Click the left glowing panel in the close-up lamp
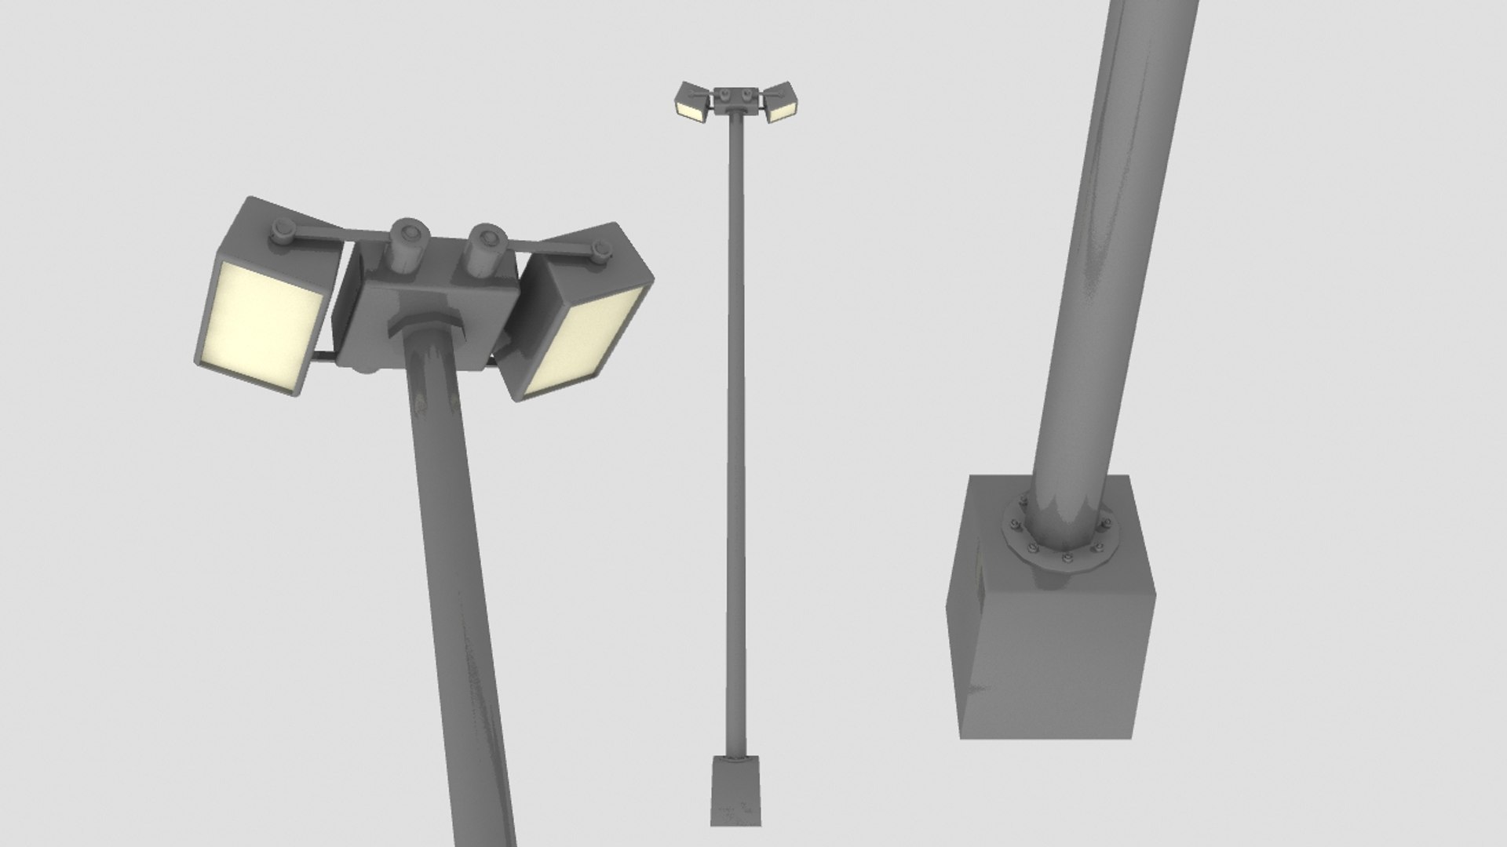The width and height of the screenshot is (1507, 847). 259,325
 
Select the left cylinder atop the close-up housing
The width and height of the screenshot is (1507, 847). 410,246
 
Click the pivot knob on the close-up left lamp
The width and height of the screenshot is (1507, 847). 281,233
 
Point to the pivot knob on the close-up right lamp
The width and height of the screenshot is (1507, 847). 602,252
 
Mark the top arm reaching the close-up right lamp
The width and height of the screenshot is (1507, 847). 549,249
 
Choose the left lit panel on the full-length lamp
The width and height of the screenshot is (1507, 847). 691,110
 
